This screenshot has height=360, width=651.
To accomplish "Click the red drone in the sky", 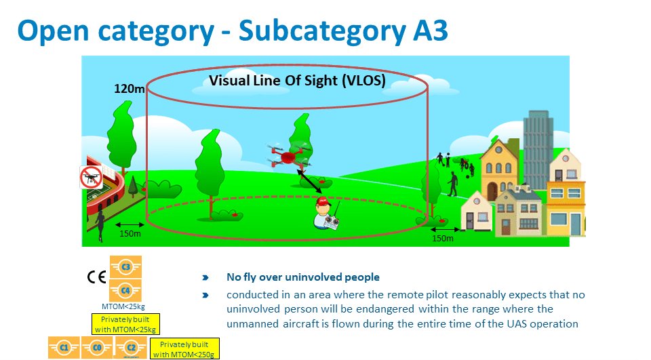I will [x=288, y=157].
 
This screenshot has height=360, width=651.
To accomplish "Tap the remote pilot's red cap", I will [x=323, y=202].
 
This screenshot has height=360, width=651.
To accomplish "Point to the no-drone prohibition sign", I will [x=90, y=178].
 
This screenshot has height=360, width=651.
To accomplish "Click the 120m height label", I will [x=130, y=89].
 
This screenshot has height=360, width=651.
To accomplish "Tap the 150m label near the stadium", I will [x=130, y=234].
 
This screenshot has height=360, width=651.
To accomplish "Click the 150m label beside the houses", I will [x=443, y=239].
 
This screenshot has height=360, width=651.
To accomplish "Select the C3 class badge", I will [x=125, y=267].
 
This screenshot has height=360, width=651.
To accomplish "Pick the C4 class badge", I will [x=125, y=290].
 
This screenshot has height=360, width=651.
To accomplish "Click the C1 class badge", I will [x=64, y=348].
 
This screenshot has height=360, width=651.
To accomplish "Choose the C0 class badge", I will [x=97, y=348].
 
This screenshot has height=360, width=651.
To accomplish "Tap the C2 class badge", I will [x=130, y=348].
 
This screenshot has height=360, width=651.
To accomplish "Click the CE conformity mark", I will [x=96, y=277].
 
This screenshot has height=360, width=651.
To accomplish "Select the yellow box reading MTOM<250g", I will [x=185, y=348].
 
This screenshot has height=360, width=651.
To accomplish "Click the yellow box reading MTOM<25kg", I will [x=125, y=324].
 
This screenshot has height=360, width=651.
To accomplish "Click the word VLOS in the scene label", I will [x=363, y=81].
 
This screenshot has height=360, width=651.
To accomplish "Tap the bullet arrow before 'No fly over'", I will [x=205, y=278].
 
